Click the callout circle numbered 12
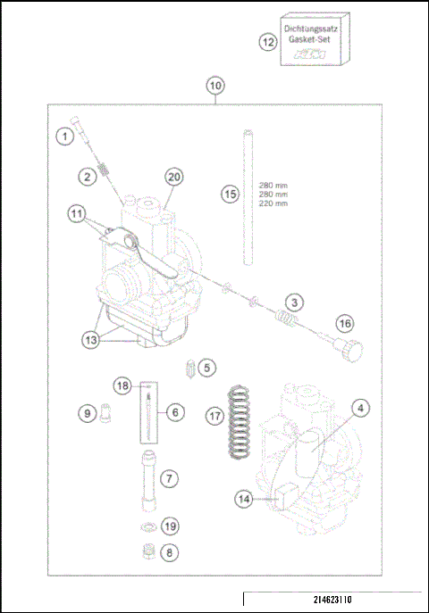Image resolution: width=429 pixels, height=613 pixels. point(266,42)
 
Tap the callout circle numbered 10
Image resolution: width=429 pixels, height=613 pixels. point(214,86)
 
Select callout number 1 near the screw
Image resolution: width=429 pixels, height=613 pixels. point(63,137)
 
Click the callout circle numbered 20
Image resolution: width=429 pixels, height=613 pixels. point(173,177)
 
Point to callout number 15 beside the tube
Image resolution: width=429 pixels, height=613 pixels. point(230,194)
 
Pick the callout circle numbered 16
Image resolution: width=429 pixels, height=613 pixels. point(345,323)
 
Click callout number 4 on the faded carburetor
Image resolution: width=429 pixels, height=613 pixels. point(360,409)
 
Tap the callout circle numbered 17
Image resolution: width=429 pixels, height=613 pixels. point(214,415)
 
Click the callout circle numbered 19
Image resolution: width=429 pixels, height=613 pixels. point(171,526)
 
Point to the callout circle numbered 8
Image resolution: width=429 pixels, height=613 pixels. point(171,552)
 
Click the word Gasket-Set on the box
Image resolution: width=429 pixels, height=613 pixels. point(316,41)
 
